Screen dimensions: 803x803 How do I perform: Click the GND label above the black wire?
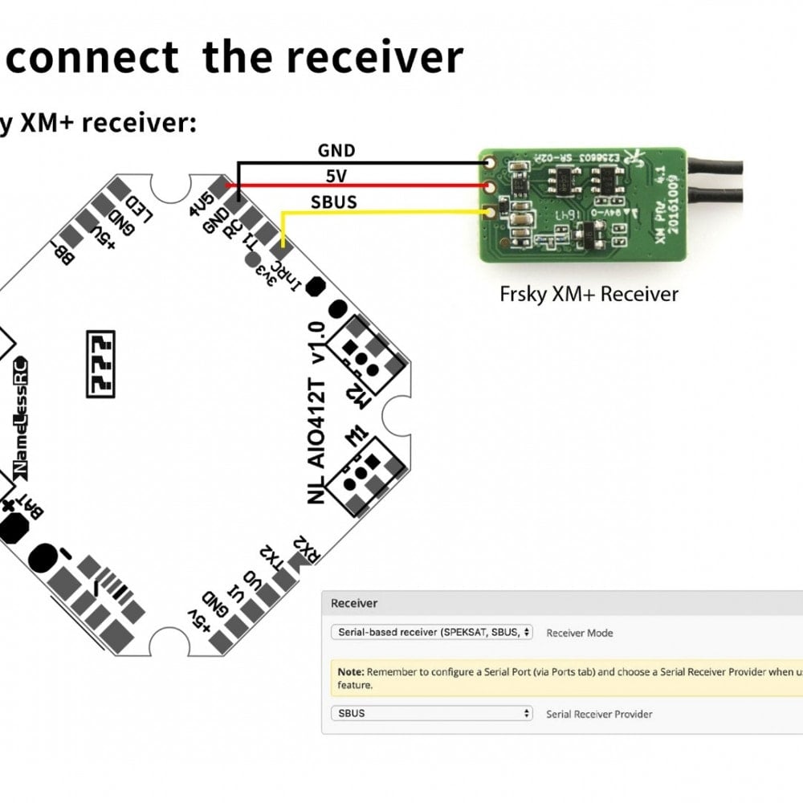pos(336,150)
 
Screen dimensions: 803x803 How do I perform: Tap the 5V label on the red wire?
pos(336,176)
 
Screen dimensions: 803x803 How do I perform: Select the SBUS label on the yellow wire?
pos(333,202)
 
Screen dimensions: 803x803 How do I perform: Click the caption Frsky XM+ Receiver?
pos(589,294)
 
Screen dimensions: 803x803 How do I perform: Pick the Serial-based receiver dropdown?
pos(432,632)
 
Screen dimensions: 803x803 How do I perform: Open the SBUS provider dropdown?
pos(432,713)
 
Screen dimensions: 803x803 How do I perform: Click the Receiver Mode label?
pos(579,633)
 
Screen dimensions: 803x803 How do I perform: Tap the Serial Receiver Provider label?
pos(599,714)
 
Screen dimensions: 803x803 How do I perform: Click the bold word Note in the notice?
pos(350,672)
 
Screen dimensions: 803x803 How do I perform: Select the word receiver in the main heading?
pos(375,57)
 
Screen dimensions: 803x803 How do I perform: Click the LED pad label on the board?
pos(141,211)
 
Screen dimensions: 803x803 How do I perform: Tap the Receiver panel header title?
pos(354,603)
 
